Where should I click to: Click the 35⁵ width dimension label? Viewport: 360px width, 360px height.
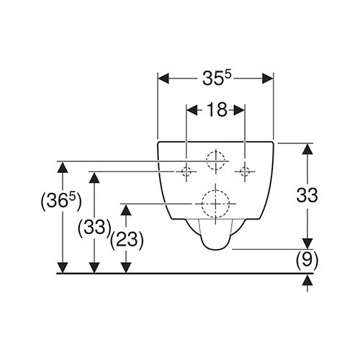click(217, 78)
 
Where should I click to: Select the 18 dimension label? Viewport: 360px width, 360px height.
click(217, 109)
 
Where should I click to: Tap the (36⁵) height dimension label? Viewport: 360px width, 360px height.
click(61, 201)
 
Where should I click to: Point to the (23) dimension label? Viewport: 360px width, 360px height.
click(127, 240)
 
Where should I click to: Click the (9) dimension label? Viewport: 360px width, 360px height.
click(307, 260)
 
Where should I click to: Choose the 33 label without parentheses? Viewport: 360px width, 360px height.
click(307, 195)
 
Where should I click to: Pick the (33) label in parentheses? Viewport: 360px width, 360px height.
click(94, 228)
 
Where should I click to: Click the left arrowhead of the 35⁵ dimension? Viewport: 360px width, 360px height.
click(163, 78)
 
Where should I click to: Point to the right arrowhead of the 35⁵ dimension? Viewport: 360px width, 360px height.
click(268, 78)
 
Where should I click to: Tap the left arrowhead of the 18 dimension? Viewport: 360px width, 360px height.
click(192, 110)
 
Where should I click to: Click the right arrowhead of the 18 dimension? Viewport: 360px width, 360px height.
click(239, 110)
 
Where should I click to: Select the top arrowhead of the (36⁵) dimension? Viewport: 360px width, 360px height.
click(63, 167)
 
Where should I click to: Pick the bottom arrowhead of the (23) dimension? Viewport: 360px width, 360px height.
click(126, 268)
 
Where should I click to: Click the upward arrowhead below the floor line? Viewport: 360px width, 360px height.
click(307, 280)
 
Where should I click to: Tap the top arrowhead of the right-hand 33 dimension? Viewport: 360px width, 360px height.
click(307, 149)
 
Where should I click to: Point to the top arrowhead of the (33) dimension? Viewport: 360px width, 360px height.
click(94, 178)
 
